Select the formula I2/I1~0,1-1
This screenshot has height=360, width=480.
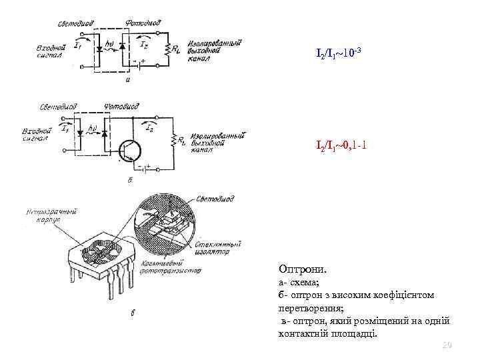click(342, 145)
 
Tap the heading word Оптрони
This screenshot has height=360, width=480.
click(303, 270)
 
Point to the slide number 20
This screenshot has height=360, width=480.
click(447, 345)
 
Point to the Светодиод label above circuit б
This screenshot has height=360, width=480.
click(58, 106)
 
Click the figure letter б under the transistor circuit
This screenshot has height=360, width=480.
click(128, 179)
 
